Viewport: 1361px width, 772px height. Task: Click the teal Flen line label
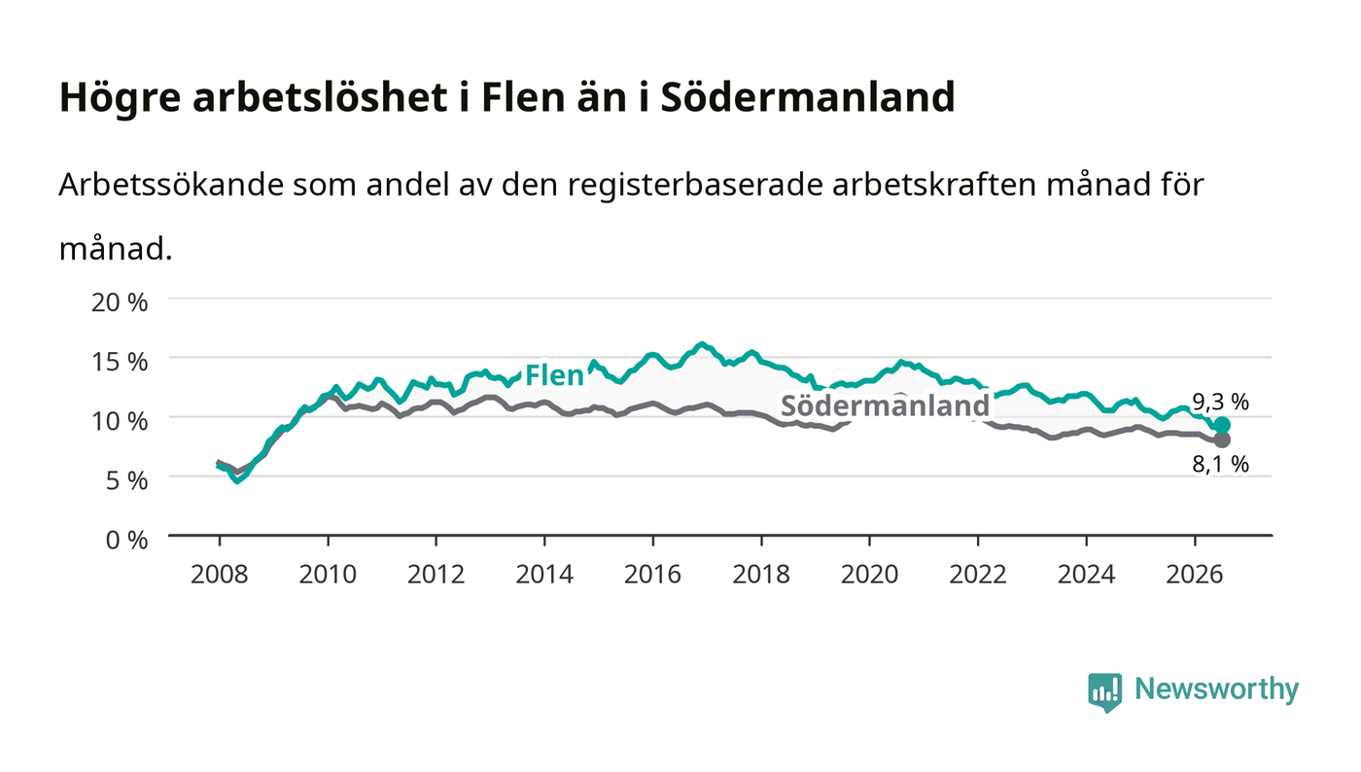click(554, 375)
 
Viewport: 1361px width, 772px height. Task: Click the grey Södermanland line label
click(885, 405)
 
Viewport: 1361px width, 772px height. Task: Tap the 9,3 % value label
click(1220, 402)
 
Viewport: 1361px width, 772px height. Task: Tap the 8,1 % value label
click(1220, 465)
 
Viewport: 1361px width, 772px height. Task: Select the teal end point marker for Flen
click(1222, 425)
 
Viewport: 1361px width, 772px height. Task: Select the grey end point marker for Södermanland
click(1222, 439)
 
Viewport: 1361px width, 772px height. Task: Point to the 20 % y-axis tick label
click(120, 302)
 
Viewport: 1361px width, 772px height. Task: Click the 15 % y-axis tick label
click(120, 362)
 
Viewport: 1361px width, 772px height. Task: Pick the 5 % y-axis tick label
click(127, 481)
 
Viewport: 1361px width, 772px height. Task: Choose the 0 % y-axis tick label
click(127, 540)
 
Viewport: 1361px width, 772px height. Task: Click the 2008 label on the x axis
click(220, 575)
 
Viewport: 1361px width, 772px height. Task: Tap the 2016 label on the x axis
click(652, 575)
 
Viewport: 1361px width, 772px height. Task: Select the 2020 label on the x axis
click(869, 575)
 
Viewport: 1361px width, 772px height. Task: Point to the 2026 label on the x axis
click(1195, 575)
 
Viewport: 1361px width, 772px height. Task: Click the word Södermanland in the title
click(808, 96)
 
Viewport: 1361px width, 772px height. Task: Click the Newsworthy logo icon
click(1104, 692)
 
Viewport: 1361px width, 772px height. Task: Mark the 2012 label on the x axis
click(436, 575)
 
